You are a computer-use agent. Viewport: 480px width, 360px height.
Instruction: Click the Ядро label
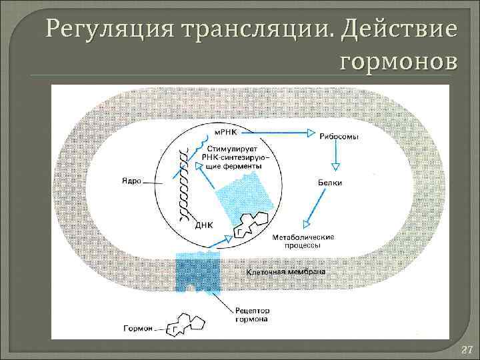tap(131, 181)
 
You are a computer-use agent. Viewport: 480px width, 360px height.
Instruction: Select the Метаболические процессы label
tap(304, 241)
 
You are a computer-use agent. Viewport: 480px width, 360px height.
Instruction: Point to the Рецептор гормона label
tap(253, 315)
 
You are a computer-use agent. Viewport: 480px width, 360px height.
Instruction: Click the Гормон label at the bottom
tap(137, 328)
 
